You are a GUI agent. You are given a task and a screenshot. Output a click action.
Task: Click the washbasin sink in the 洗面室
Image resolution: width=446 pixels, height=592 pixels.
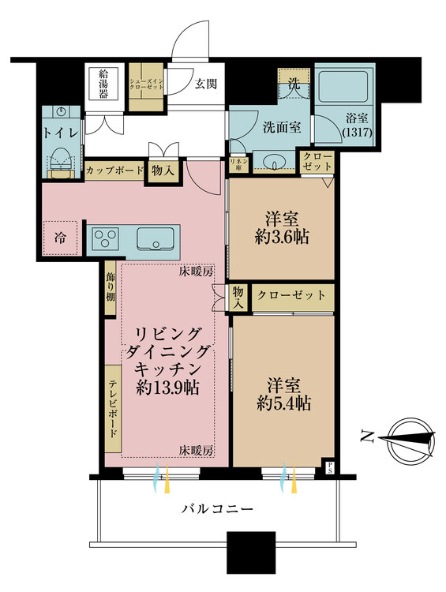tap(275, 163)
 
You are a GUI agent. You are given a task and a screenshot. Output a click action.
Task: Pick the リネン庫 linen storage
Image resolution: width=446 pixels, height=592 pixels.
tap(236, 164)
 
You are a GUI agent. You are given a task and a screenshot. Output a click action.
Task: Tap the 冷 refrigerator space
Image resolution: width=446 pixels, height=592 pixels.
tap(61, 238)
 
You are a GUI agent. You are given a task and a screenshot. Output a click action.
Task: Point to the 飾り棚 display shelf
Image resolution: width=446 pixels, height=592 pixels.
tap(111, 287)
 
